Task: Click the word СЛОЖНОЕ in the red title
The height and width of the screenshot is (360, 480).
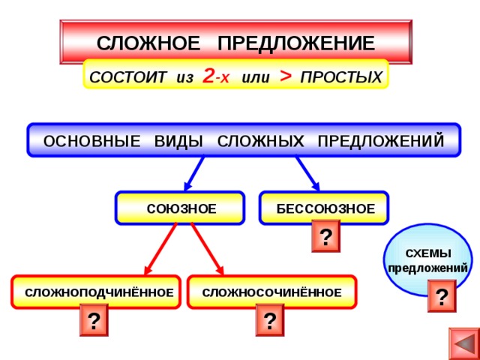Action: [x=148, y=43]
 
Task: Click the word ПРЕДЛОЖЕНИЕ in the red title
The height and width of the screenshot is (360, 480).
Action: [x=296, y=43]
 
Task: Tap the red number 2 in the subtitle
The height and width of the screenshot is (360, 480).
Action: [x=208, y=76]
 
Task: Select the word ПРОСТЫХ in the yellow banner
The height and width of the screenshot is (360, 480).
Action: [x=341, y=77]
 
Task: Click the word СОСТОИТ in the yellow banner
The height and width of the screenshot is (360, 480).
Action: [x=128, y=77]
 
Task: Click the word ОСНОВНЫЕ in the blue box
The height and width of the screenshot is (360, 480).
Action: [x=92, y=141]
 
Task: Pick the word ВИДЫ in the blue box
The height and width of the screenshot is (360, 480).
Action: [x=178, y=141]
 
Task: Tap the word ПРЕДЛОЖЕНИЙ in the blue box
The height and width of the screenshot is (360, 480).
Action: [x=381, y=141]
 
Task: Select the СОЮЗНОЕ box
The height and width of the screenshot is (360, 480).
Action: [x=180, y=208]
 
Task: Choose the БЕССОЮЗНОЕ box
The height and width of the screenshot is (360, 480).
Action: [x=324, y=208]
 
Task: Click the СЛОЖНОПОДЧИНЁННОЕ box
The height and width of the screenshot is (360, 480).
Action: [x=96, y=292]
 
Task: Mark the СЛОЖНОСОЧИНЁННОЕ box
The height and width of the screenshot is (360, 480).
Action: [x=271, y=292]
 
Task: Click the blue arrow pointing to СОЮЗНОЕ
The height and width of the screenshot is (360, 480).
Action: [x=194, y=173]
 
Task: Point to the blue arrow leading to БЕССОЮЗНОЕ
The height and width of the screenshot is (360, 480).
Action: [x=307, y=173]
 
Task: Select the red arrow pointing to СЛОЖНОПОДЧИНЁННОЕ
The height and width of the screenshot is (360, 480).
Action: [x=160, y=248]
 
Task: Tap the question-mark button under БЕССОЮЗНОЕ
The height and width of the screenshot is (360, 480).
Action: [x=325, y=236]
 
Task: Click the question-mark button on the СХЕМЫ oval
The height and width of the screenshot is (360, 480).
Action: [x=442, y=296]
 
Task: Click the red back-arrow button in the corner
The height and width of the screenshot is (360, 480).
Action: [x=464, y=344]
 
